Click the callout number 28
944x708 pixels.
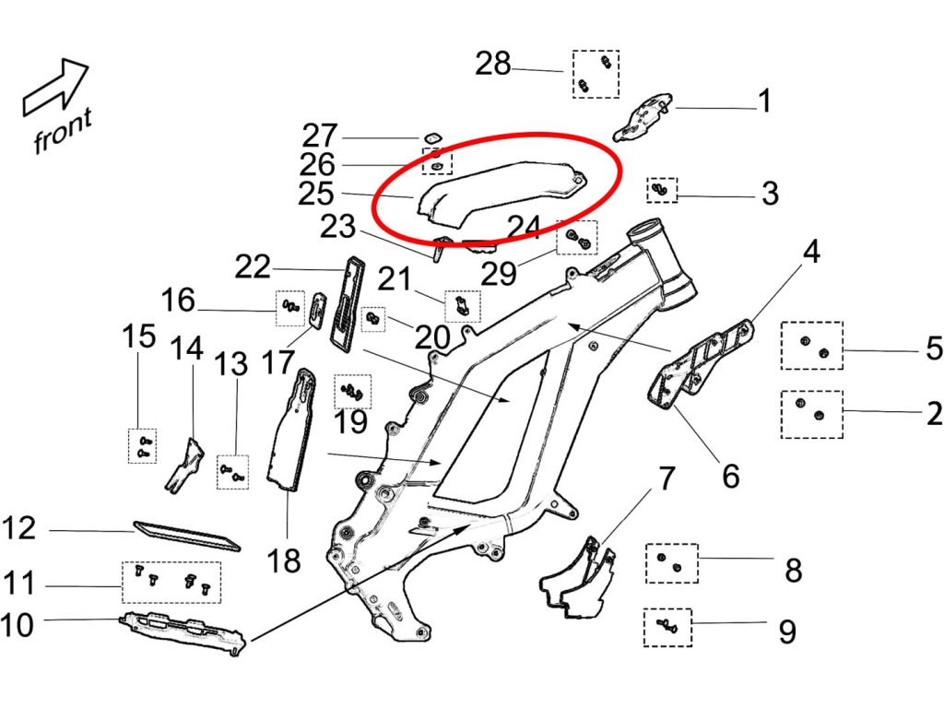click(493, 65)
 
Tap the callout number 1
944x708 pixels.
click(764, 100)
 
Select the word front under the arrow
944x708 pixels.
click(63, 130)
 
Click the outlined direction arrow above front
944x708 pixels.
click(54, 88)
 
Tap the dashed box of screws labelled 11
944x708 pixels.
click(171, 582)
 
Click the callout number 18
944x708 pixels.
click(284, 558)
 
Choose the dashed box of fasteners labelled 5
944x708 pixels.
click(811, 346)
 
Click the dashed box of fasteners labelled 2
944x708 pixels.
click(811, 414)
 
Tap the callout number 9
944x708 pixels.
click(786, 631)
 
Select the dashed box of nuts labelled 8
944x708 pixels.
click(671, 563)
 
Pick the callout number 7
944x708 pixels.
click(667, 478)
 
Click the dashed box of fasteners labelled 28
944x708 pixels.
click(596, 74)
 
